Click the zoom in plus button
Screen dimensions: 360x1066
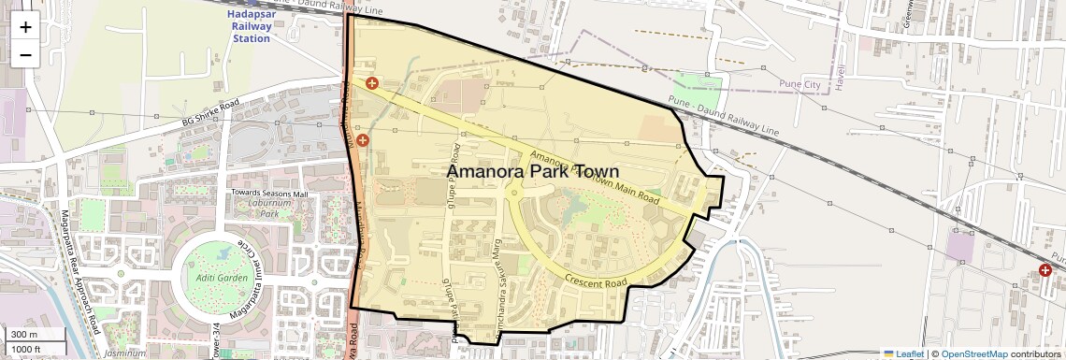pyautogui.click(x=25, y=26)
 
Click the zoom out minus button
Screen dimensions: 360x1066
pyautogui.click(x=25, y=54)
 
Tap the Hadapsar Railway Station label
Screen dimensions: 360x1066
pyautogui.click(x=252, y=27)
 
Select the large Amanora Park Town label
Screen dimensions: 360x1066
pyautogui.click(x=532, y=172)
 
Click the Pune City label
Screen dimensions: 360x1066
pyautogui.click(x=799, y=84)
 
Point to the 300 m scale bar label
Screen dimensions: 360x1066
pyautogui.click(x=24, y=335)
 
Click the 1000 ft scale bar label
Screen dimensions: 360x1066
pyautogui.click(x=26, y=349)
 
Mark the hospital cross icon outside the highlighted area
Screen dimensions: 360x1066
pyautogui.click(x=1044, y=270)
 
